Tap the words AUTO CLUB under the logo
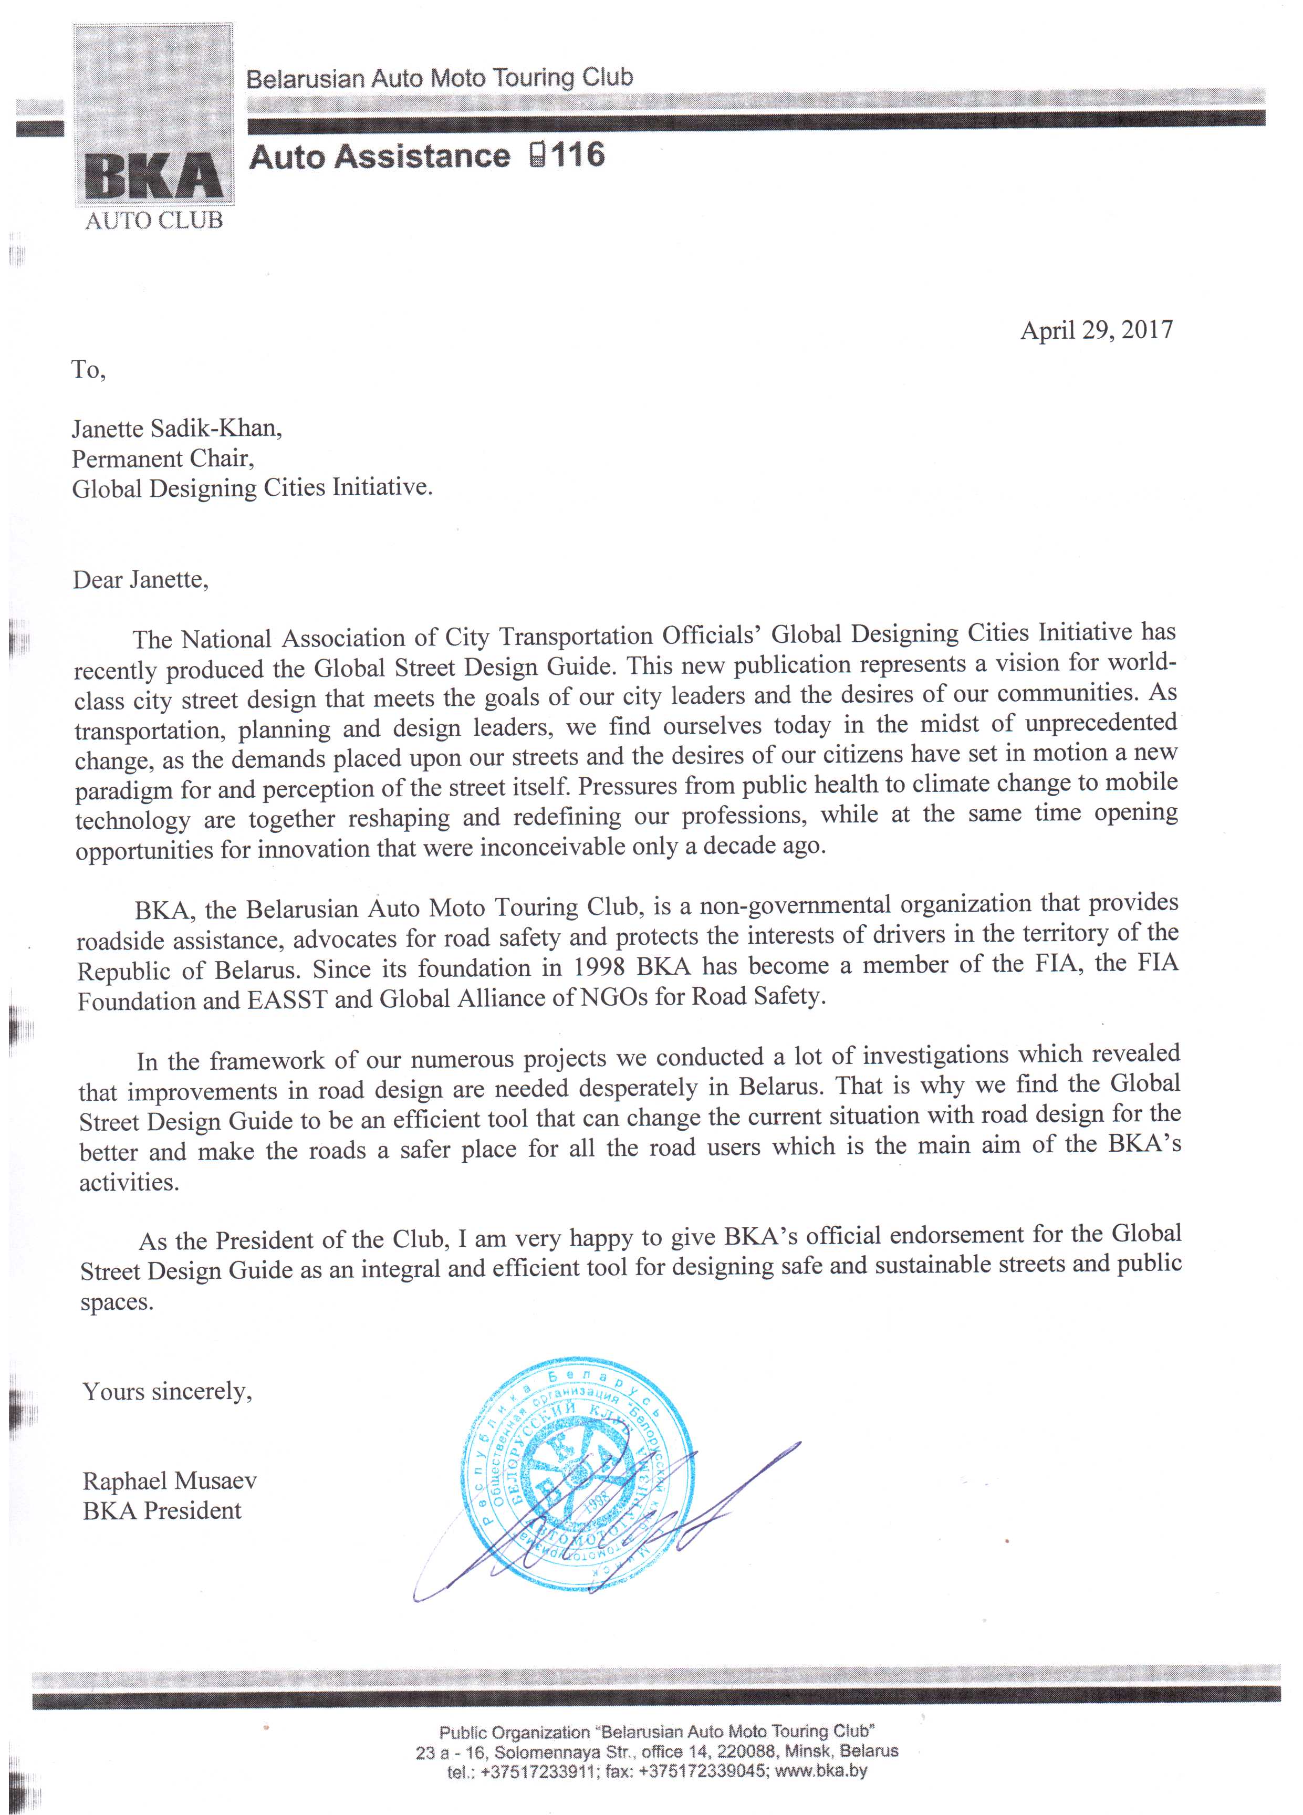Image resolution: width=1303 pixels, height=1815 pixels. tap(154, 221)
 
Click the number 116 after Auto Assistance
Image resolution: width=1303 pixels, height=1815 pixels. tap(576, 154)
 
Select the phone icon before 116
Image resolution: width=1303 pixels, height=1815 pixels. tap(538, 154)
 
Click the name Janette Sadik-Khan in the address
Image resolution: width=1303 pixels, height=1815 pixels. tap(177, 429)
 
